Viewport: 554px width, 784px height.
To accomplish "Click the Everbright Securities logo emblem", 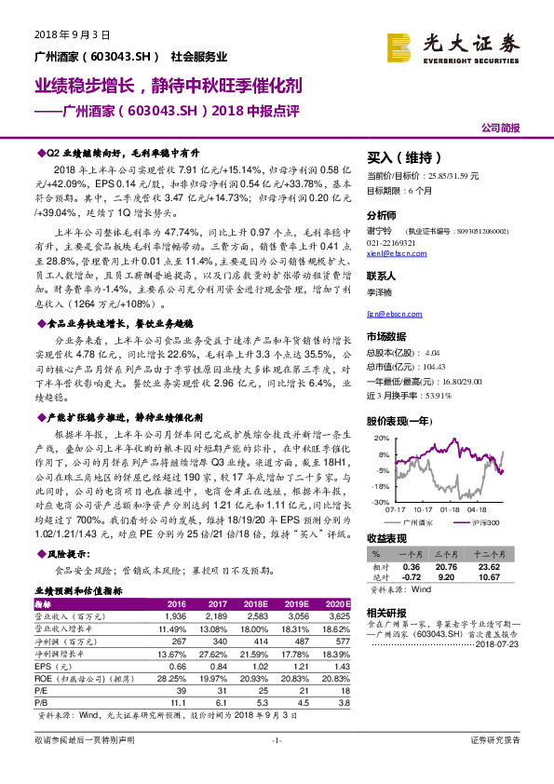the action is click(x=402, y=44).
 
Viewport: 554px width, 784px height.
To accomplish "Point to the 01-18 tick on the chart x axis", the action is click(x=452, y=510).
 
